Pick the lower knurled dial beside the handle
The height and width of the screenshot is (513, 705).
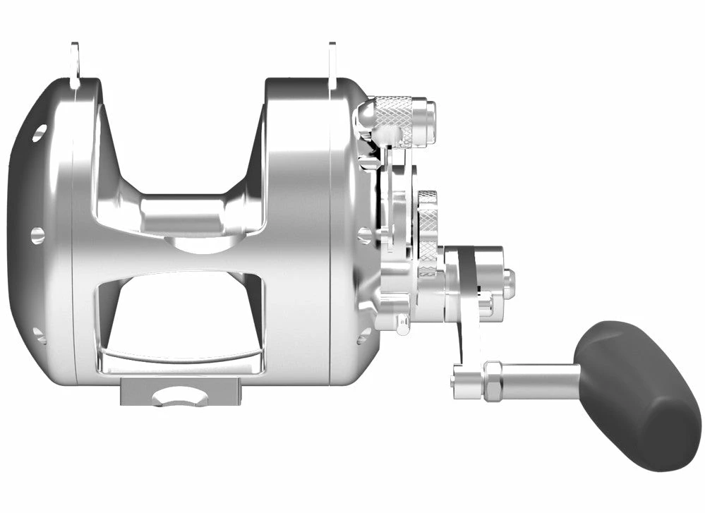coord(428,233)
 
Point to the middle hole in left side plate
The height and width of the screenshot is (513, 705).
coord(37,235)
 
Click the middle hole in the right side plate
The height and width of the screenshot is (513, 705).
coord(364,235)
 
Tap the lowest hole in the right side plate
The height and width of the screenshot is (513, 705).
coord(363,336)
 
